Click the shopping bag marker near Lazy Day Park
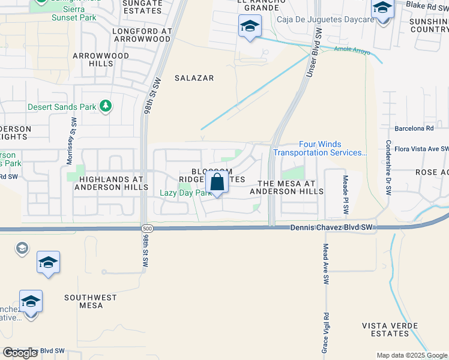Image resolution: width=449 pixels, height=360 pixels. (x=218, y=182)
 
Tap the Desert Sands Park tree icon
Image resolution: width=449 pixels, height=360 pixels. (x=106, y=107)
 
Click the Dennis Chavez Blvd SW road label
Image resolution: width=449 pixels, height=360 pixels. (x=331, y=227)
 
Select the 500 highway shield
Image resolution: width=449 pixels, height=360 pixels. (x=147, y=229)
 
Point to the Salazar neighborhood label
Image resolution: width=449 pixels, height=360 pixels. (x=194, y=78)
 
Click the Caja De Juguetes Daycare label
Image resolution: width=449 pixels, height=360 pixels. (x=325, y=20)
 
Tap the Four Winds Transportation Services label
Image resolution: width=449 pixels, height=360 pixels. (x=320, y=148)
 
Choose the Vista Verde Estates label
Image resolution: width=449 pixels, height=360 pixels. (x=394, y=329)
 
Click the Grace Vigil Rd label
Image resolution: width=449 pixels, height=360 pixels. (x=324, y=332)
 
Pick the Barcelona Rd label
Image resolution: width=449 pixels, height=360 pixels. (x=414, y=128)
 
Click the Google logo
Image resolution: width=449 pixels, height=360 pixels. (x=20, y=353)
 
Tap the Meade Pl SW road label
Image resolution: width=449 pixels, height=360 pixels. (x=345, y=196)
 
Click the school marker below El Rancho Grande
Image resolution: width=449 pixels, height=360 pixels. (x=250, y=26)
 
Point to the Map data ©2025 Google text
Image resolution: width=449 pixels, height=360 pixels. (x=411, y=355)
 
